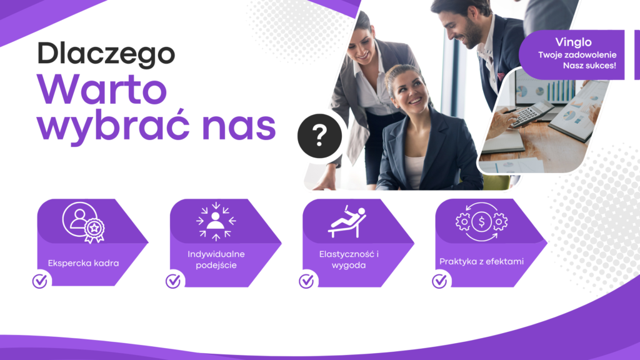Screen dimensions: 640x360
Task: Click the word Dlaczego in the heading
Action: (x=106, y=54)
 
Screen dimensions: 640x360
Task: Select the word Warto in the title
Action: (x=102, y=89)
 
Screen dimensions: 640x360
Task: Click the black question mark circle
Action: (x=319, y=136)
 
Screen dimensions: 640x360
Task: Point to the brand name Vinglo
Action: (x=573, y=42)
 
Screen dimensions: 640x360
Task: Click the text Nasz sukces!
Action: (x=589, y=65)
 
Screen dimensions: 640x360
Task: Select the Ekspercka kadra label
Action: (x=83, y=263)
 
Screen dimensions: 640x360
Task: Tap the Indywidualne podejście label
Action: (x=216, y=259)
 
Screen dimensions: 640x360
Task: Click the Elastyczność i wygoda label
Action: (x=349, y=259)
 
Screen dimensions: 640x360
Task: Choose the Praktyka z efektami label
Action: (x=481, y=262)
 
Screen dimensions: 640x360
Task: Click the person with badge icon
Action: (x=84, y=222)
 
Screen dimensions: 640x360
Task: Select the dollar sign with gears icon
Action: (x=482, y=222)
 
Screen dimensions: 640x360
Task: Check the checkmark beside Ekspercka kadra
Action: (x=40, y=281)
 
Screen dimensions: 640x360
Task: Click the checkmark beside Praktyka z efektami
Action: (x=439, y=281)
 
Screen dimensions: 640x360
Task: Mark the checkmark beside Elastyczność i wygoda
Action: (x=306, y=281)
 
